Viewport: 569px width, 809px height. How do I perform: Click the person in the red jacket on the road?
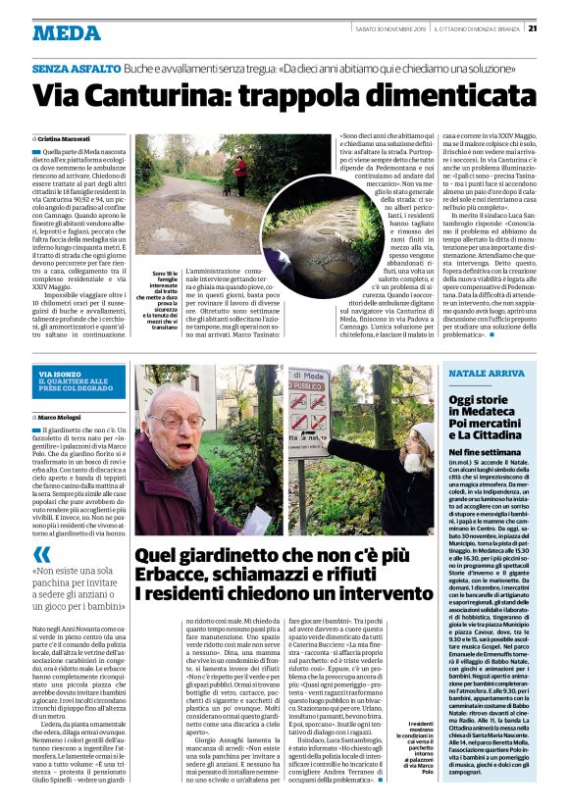pos(240,173)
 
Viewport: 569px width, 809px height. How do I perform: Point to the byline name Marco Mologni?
pos(59,418)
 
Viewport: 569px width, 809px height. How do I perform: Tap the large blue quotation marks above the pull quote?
pos(41,554)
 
